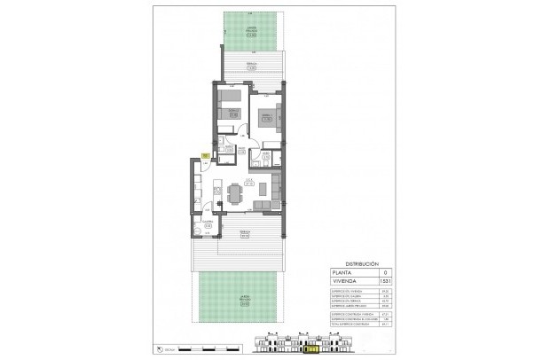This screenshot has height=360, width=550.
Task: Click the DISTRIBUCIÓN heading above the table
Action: pos(362,264)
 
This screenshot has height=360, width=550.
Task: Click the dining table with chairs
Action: pos(234,192)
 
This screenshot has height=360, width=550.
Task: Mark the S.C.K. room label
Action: pos(249,184)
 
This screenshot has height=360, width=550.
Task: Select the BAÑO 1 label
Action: pos(229,149)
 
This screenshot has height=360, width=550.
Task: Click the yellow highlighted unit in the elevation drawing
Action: pos(312,349)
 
